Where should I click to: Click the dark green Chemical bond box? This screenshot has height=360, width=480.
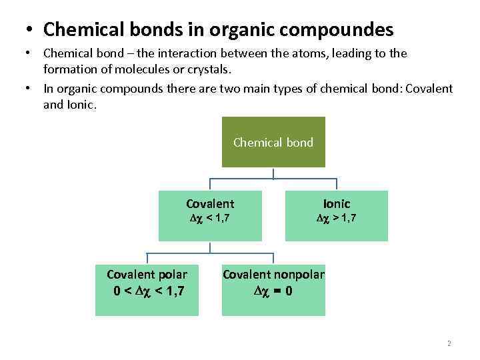[x=273, y=142]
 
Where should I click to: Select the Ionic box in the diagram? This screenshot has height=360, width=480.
[x=336, y=215]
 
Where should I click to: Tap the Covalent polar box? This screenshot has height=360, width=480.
[x=147, y=283]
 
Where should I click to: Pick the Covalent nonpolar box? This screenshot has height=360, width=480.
[x=273, y=283]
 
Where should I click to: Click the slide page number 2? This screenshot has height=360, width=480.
[x=449, y=344]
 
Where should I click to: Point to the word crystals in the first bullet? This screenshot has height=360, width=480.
[x=213, y=69]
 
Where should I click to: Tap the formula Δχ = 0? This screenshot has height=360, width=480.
[x=273, y=291]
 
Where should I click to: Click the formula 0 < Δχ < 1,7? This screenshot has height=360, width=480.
[x=149, y=291]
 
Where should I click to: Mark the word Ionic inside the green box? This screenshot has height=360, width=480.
[x=337, y=204]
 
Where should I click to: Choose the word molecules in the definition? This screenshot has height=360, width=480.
[x=140, y=69]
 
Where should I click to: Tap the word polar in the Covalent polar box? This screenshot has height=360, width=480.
[x=173, y=274]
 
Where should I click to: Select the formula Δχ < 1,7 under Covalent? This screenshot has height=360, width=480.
[x=210, y=217]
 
